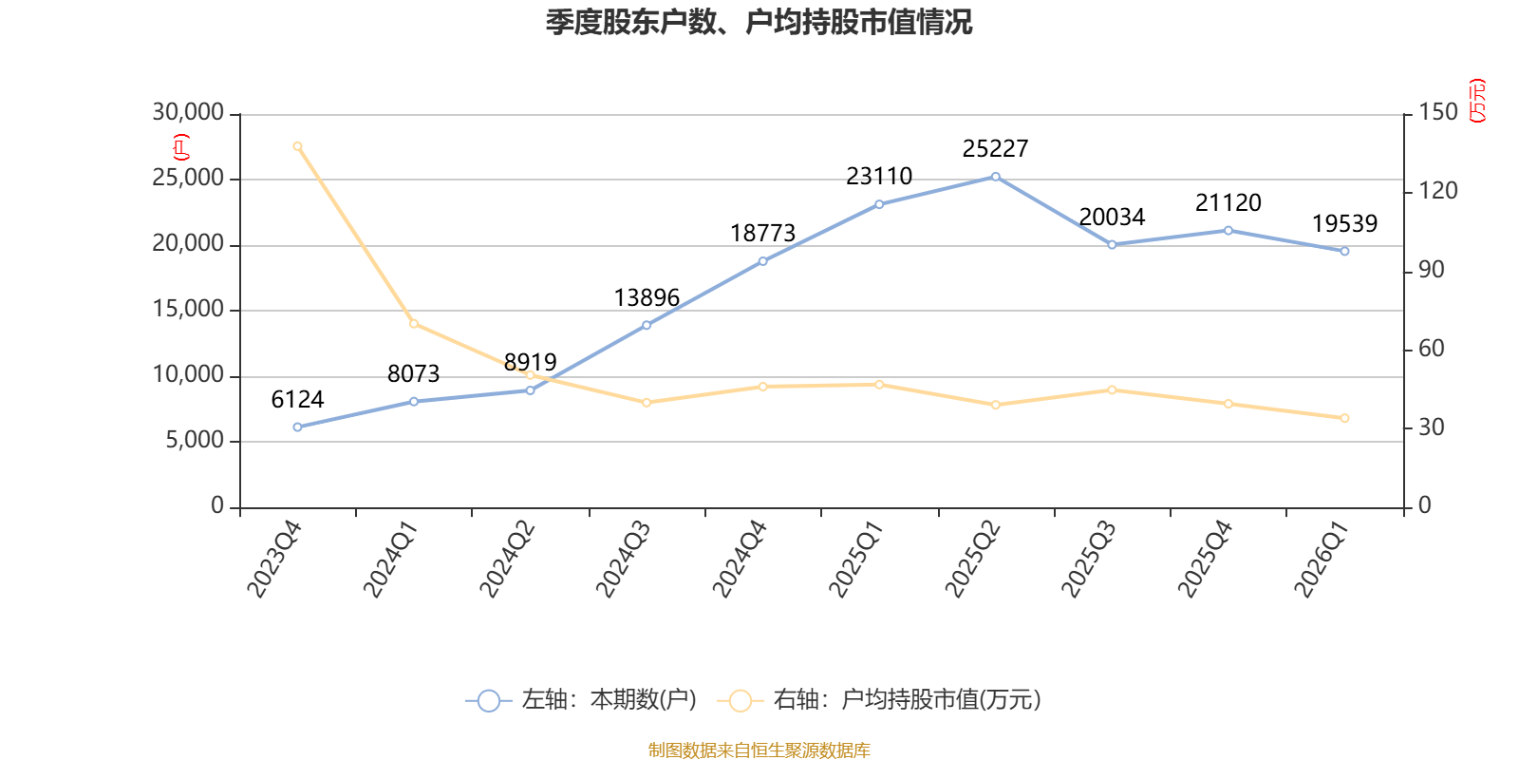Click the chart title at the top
coord(759,23)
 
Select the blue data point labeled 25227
coord(996,177)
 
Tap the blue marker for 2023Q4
coord(298,427)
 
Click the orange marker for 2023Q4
coord(298,146)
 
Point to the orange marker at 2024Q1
coord(414,324)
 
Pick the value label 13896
coord(647,298)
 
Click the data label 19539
coord(1344,224)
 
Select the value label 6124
coord(298,400)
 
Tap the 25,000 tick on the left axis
coord(188,178)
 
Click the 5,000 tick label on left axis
coord(195,441)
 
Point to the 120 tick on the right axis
coord(1438,191)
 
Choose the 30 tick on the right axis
coord(1432,427)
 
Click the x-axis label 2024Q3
coord(623,560)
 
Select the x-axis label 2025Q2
coord(972,560)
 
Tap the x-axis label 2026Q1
coord(1321,560)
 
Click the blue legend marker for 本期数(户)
coord(488,700)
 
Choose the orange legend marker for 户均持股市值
coord(740,700)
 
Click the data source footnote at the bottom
coord(759,750)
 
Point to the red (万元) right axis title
coord(1477,101)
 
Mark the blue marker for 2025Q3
coord(1112,244)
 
